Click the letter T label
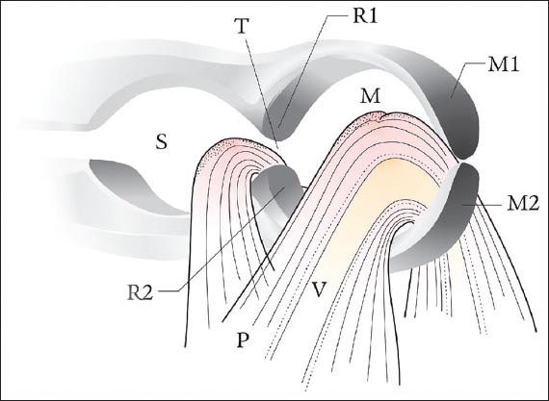coord(243,25)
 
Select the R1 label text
coord(365,15)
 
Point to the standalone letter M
coord(370,96)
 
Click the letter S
coord(161,142)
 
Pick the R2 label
coord(140,292)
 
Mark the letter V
coord(320,288)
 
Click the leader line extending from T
coord(262,91)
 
